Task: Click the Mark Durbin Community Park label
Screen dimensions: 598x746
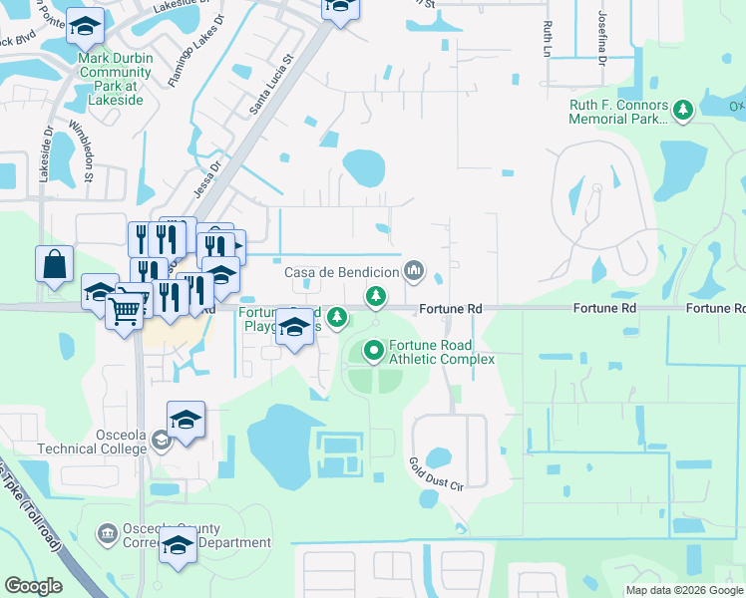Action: [116, 73]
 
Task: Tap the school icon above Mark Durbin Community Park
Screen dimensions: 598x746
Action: [86, 28]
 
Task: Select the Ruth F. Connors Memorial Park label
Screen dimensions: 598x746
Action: [617, 112]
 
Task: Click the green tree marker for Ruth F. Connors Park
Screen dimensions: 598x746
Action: [683, 109]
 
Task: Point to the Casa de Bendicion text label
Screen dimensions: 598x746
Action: [342, 272]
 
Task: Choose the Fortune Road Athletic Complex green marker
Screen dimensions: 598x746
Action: [374, 350]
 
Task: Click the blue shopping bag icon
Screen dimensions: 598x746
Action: [54, 265]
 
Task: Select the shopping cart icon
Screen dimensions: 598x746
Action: [124, 312]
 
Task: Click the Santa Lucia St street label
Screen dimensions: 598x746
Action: [269, 84]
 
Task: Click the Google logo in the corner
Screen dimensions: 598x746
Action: [34, 586]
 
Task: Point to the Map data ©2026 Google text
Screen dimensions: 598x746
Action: [683, 590]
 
